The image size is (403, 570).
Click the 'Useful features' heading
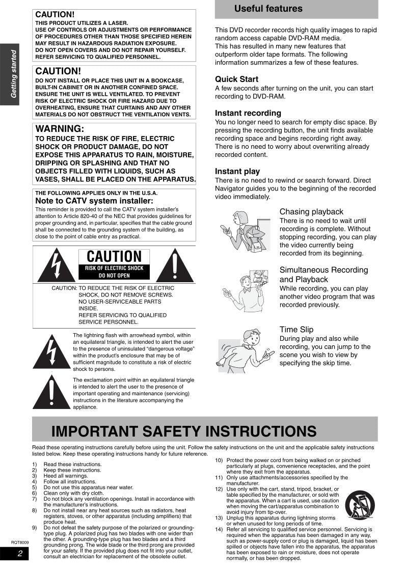pyautogui.click(x=268, y=9)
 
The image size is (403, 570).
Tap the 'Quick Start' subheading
pyautogui.click(x=236, y=79)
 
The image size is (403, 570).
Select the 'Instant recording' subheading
pyautogui.click(x=248, y=113)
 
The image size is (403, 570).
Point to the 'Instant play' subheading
pyautogui.click(x=237, y=172)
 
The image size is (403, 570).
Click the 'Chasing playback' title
pyautogui.click(x=311, y=212)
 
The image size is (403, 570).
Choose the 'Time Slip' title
pyautogui.click(x=297, y=330)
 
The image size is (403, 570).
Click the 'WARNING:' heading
pyautogui.click(x=60, y=129)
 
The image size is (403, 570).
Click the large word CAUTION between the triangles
pyautogui.click(x=114, y=257)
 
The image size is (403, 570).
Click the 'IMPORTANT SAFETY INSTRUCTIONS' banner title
pyautogui.click(x=184, y=431)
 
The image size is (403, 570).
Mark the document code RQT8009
pyautogui.click(x=20, y=542)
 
